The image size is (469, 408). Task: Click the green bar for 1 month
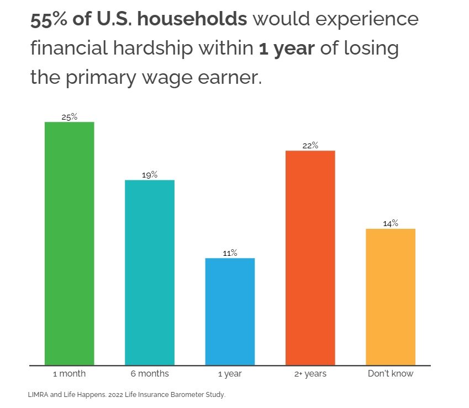[69, 243]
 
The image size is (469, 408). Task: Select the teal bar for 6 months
[150, 272]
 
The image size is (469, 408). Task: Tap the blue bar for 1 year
[230, 311]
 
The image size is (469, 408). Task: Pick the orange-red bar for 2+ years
[310, 257]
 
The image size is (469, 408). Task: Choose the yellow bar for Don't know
[391, 297]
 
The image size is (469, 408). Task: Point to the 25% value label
[69, 117]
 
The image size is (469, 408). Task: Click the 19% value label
[150, 175]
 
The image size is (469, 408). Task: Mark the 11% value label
[230, 253]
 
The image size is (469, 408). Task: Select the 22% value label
[310, 146]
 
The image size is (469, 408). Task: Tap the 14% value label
[391, 223]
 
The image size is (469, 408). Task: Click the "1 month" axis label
[69, 374]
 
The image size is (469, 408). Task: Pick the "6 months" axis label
[150, 374]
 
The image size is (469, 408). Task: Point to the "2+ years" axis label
[310, 374]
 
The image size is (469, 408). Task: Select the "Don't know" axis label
[391, 374]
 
